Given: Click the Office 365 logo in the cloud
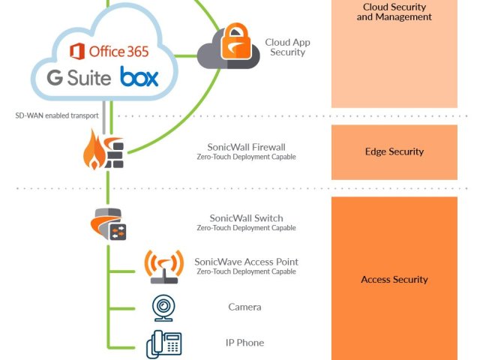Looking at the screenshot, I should point(109,51).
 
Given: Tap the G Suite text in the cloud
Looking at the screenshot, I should point(79,77).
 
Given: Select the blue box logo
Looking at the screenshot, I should point(139,76).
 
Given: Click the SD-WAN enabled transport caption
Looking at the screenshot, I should point(57,116).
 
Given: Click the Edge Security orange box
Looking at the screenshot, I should point(394,151).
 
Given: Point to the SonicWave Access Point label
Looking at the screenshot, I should point(246,262).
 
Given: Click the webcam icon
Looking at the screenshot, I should point(163,307).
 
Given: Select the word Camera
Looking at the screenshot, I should point(245,307).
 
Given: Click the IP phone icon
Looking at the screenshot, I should point(163,343).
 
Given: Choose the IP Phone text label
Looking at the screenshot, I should point(245,343).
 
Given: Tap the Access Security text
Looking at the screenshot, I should point(394,279).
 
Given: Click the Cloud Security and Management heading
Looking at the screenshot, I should point(394,12).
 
